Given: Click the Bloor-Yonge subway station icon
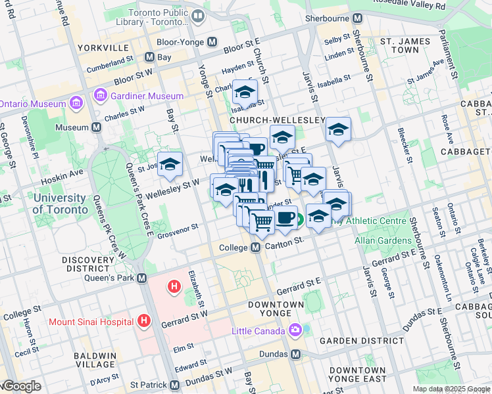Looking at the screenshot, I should (212, 41).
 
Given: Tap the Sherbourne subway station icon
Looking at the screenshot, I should (357, 18).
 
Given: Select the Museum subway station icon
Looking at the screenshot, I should (96, 127).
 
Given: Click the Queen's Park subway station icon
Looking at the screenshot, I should (143, 278).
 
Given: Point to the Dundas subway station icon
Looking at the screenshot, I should (295, 354).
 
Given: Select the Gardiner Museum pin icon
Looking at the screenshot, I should (101, 96).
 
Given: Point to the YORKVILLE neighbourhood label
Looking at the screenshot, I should (103, 48).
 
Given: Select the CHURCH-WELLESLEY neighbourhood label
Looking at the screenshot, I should (277, 121).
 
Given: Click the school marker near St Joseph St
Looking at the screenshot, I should (170, 164).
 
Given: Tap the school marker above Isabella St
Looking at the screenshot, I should (245, 93).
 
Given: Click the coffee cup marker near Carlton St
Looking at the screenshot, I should (285, 218).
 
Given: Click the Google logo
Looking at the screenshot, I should (22, 386).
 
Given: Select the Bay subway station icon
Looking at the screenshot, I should (150, 57).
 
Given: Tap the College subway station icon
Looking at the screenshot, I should (256, 247).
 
